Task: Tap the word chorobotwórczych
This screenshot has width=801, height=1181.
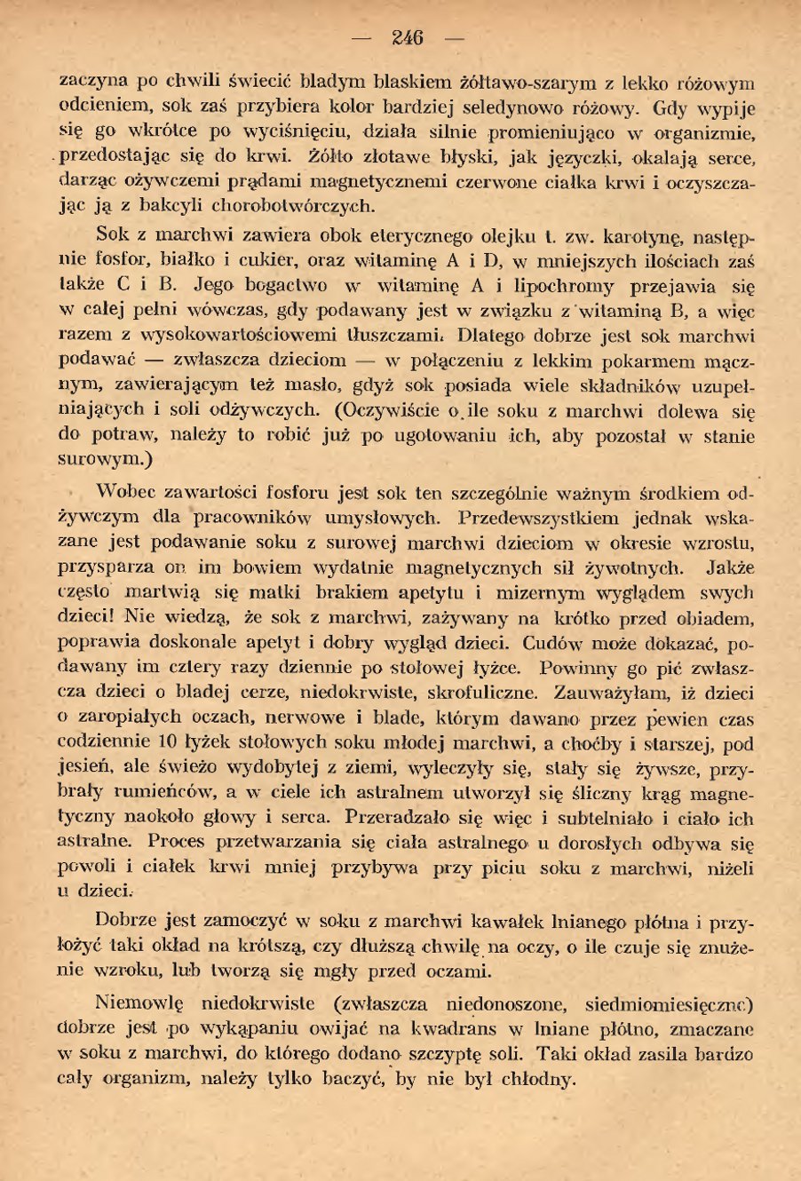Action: tap(285, 209)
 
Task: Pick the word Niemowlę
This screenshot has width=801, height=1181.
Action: tap(139, 1006)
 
